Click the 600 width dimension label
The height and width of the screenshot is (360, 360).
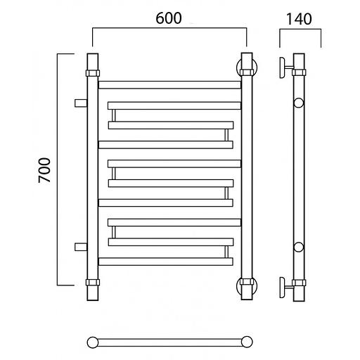(169, 18)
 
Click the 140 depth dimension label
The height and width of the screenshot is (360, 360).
(299, 19)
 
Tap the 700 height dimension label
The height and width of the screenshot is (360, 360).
(44, 170)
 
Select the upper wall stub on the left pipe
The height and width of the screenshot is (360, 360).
(81, 103)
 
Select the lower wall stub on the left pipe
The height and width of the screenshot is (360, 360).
(81, 247)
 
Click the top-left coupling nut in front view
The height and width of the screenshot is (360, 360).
(93, 73)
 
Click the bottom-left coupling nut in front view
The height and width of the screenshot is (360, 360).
(93, 282)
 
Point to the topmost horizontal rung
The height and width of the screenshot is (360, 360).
(169, 85)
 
